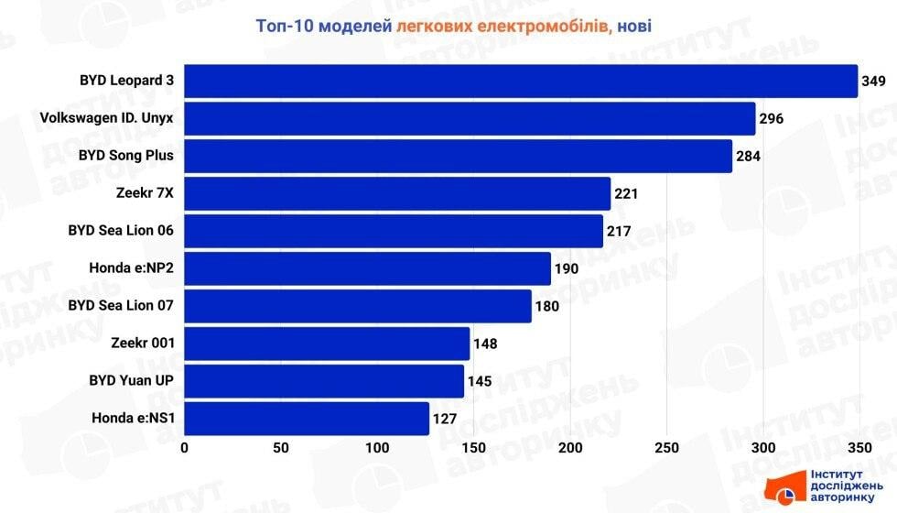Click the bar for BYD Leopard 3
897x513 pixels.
tap(520, 81)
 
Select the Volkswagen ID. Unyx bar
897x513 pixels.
tap(470, 118)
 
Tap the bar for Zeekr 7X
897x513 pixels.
tap(397, 193)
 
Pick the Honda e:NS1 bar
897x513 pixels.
tap(307, 419)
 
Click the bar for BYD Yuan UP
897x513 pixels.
tap(324, 381)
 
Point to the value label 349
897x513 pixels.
tap(873, 82)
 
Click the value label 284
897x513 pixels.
tap(748, 157)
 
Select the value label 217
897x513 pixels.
tap(619, 232)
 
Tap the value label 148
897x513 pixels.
tap(485, 344)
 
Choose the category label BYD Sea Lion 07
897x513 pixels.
tap(121, 305)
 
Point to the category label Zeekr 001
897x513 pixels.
tap(144, 344)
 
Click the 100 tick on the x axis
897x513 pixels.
tap(377, 448)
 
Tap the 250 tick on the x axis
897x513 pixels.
tap(667, 448)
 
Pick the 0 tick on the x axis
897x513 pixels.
tap(185, 448)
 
